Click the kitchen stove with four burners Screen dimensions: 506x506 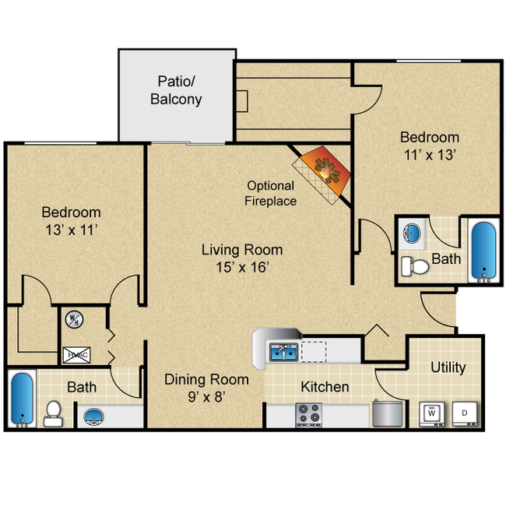308,413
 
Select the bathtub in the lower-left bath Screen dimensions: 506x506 22,399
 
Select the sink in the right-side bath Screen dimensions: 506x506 413,232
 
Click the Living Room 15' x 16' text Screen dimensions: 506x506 242,258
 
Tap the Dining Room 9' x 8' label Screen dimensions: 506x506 206,387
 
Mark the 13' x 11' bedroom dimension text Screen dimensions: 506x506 71,229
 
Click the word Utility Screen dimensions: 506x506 448,367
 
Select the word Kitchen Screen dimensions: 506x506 325,387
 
